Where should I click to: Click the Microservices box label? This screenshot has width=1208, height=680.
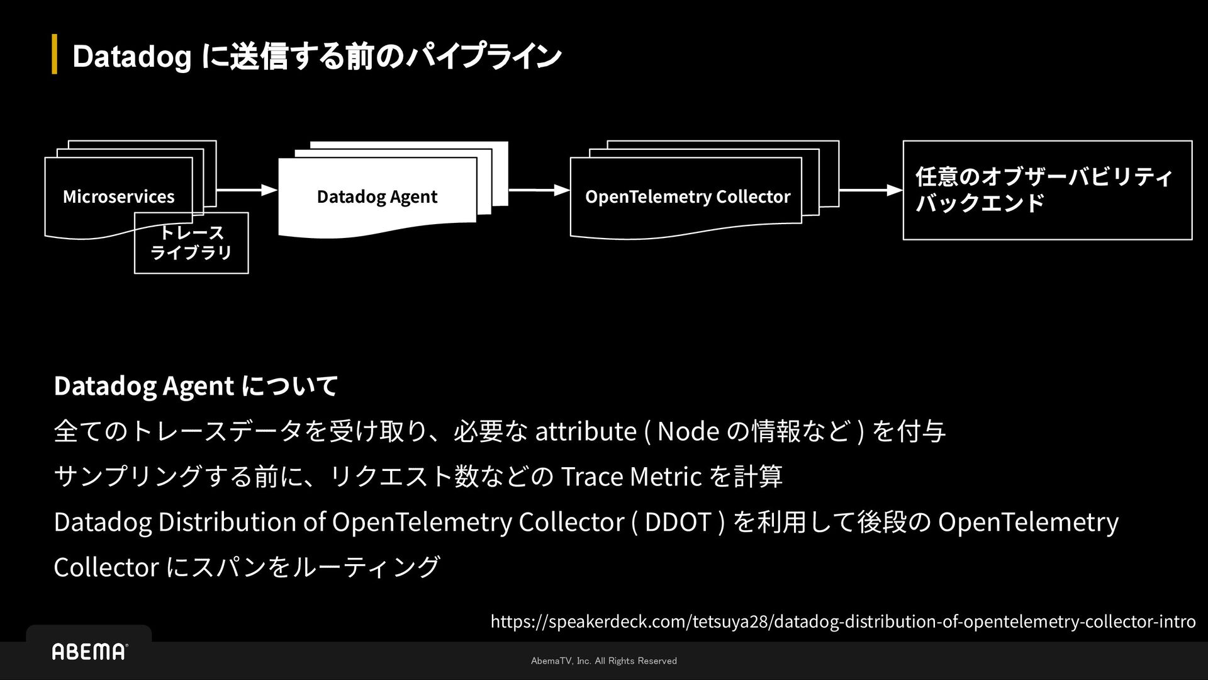point(118,196)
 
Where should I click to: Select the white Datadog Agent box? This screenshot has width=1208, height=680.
point(377,196)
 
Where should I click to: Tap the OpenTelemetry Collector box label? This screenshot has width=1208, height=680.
point(687,196)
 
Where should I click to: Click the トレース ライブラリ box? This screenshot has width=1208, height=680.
point(191,244)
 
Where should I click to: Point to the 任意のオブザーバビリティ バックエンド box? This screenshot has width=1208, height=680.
point(1047,190)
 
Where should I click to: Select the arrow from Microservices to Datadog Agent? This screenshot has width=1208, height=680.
point(247,189)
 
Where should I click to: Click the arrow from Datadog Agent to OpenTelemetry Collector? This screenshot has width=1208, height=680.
point(539,189)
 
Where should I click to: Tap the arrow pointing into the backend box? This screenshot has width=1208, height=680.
point(871,190)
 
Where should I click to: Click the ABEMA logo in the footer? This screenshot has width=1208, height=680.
point(89,652)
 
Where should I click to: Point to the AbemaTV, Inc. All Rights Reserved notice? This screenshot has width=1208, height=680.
point(604,660)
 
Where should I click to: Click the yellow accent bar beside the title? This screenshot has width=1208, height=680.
point(55,55)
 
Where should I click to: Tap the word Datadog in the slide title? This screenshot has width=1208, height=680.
point(131,57)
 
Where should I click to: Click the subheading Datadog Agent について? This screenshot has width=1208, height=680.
point(196,385)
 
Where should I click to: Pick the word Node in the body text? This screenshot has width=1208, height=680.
point(688,431)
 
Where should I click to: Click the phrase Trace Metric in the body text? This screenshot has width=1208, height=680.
point(630,477)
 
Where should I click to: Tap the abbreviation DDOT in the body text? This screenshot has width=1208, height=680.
point(678,522)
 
